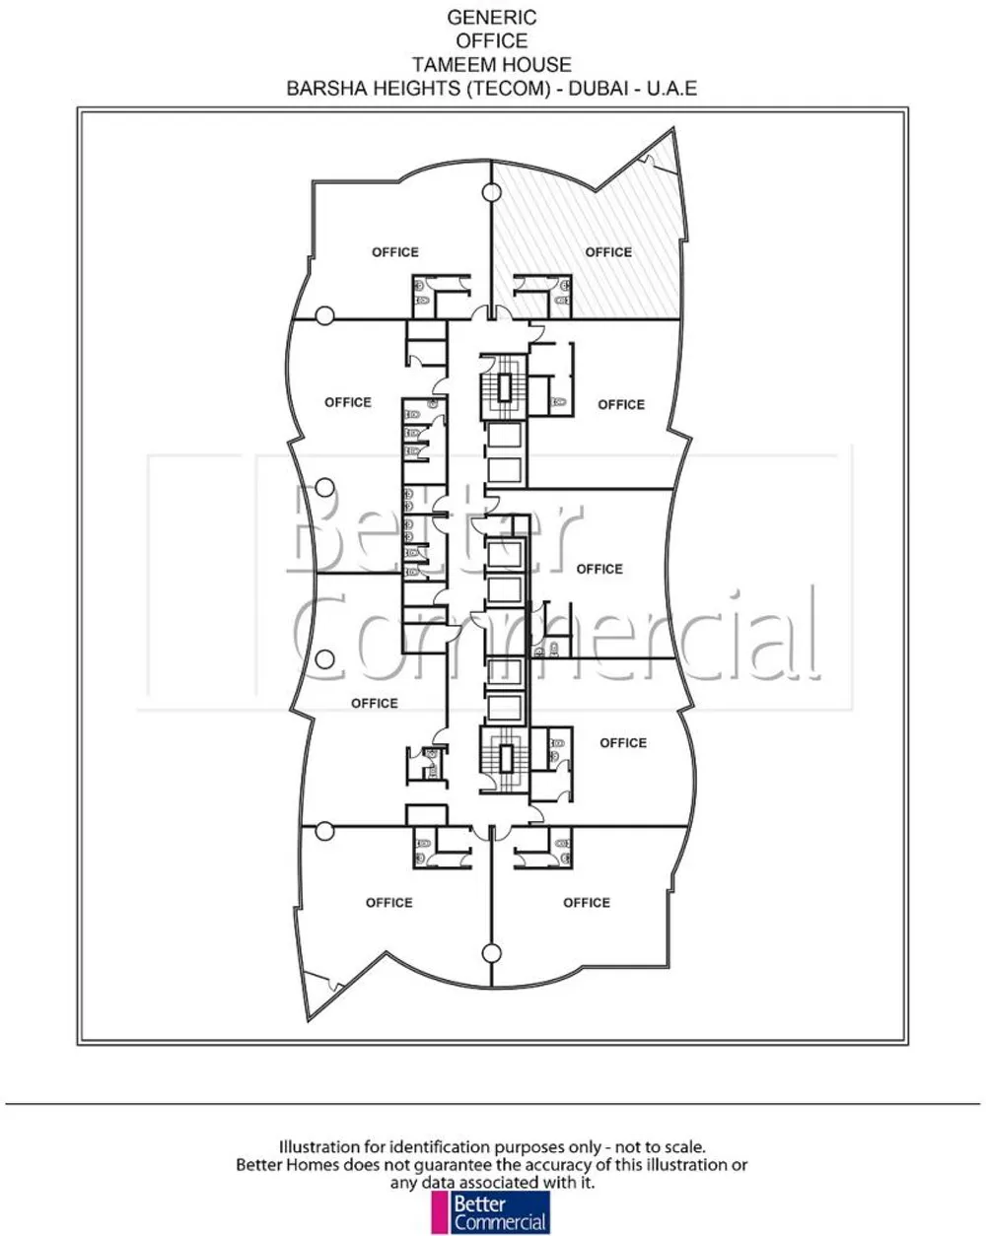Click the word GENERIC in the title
[492, 18]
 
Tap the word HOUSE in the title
[532, 64]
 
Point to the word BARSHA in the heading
[327, 88]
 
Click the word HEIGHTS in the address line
[418, 88]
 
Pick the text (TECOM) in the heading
[509, 88]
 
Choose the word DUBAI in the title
[599, 88]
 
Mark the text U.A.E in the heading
[672, 88]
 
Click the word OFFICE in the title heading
[492, 40]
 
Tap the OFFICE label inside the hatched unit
[608, 252]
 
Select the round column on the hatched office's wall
[491, 192]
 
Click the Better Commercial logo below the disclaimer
[491, 1209]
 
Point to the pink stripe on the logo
[440, 1209]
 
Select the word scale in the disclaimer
[685, 1147]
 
